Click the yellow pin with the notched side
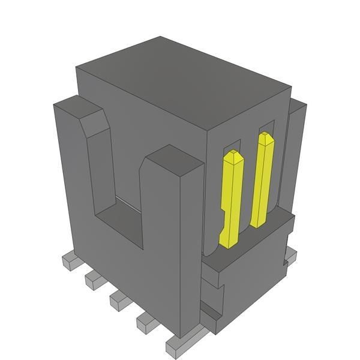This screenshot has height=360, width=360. pos(230,198)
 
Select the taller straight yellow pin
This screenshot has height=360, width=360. pos(263,180)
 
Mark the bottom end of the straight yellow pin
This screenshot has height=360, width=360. pos(257,223)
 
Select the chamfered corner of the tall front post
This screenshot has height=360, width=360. pos(96,123)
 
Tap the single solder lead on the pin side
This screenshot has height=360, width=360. pos(290,257)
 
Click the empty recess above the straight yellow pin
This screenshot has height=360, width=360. pos(267,127)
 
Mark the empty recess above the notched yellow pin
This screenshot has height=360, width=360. pos(234,146)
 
